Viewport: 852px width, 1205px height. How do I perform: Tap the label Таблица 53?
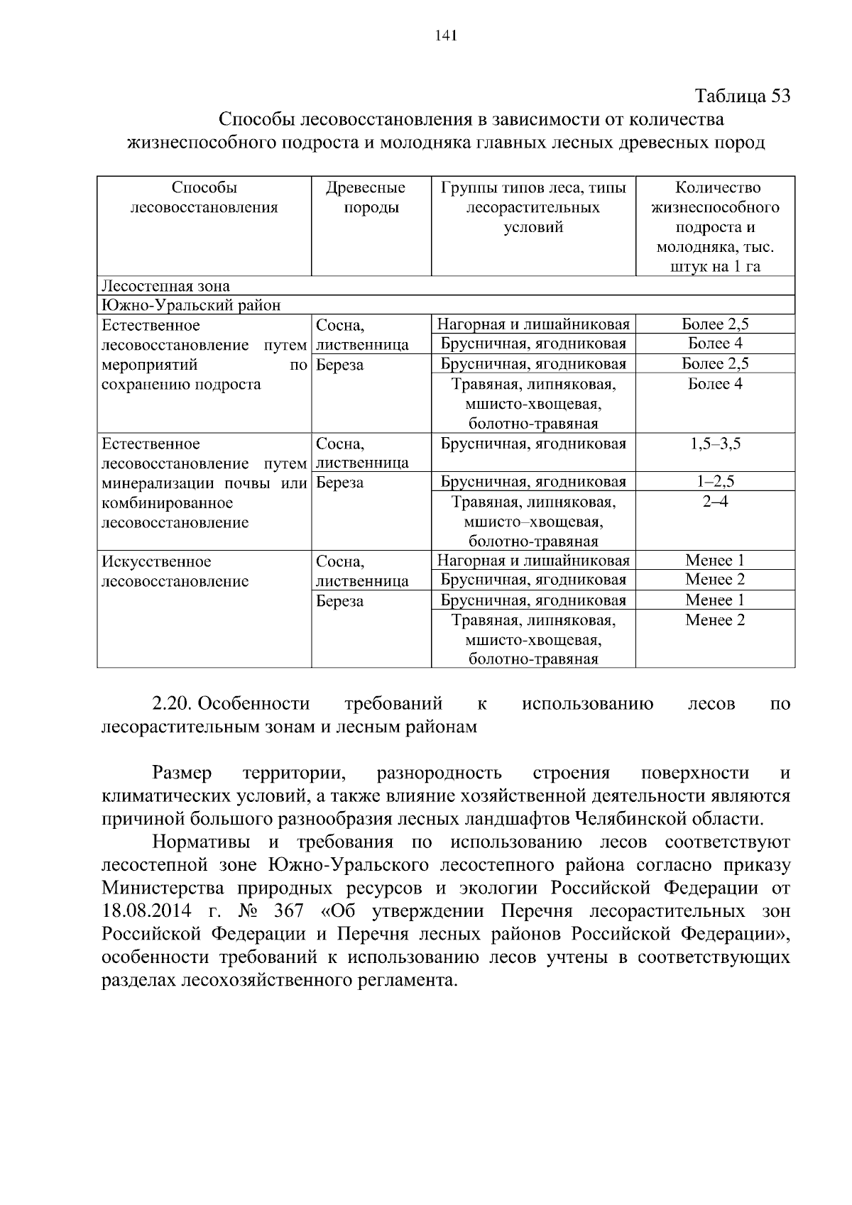[742, 96]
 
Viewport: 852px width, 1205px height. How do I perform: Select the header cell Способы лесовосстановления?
[204, 198]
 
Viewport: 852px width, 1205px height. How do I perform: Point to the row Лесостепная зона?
[166, 286]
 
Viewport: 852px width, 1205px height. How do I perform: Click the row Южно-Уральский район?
[191, 305]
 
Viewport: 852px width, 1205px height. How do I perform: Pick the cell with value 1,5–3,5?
[715, 444]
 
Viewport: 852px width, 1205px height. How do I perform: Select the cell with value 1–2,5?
[715, 482]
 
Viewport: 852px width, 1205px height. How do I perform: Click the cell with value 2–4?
[715, 502]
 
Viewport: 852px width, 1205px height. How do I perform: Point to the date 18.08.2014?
[146, 911]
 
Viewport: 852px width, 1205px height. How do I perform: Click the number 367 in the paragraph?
[288, 911]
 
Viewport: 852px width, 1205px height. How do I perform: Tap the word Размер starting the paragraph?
[181, 773]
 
